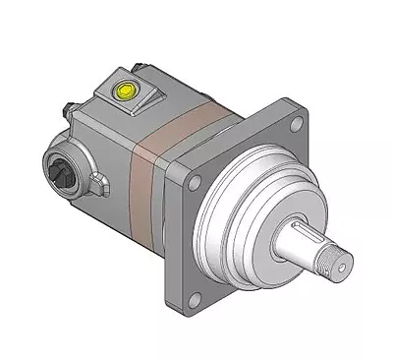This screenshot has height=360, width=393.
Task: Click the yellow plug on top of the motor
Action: click(x=126, y=90)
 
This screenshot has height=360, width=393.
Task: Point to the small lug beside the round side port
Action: click(x=100, y=183)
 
